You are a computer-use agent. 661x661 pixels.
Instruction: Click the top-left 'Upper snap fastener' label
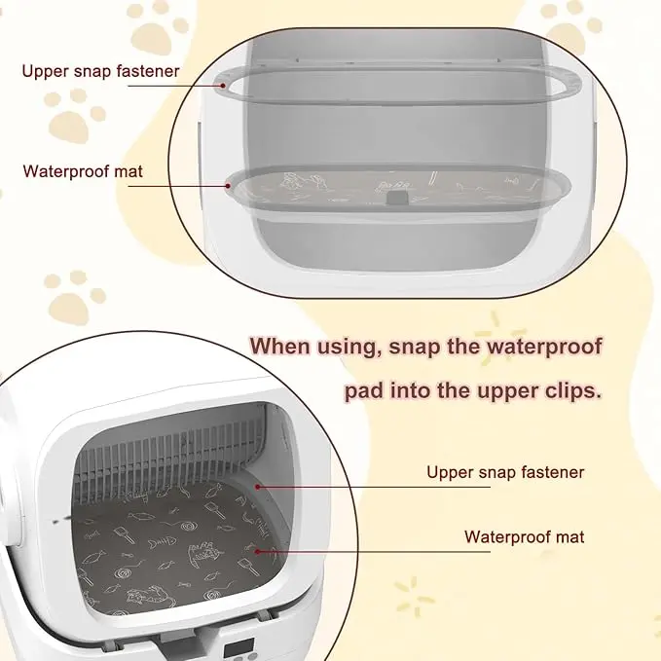coord(100,71)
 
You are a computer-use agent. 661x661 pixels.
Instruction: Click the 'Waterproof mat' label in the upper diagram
coord(83,171)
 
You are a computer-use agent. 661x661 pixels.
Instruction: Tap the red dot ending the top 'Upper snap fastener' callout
coord(223,85)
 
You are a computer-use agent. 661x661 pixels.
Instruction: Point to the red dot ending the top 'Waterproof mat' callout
coord(228,185)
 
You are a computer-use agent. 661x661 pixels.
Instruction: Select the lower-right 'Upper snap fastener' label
coord(505,472)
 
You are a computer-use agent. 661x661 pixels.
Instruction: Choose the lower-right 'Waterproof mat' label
coord(525,537)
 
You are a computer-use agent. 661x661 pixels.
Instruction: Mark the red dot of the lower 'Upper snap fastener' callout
coord(257,487)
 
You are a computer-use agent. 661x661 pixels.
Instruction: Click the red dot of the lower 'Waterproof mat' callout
coord(257,551)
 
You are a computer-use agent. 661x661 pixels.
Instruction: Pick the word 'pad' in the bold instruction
coord(364,392)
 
